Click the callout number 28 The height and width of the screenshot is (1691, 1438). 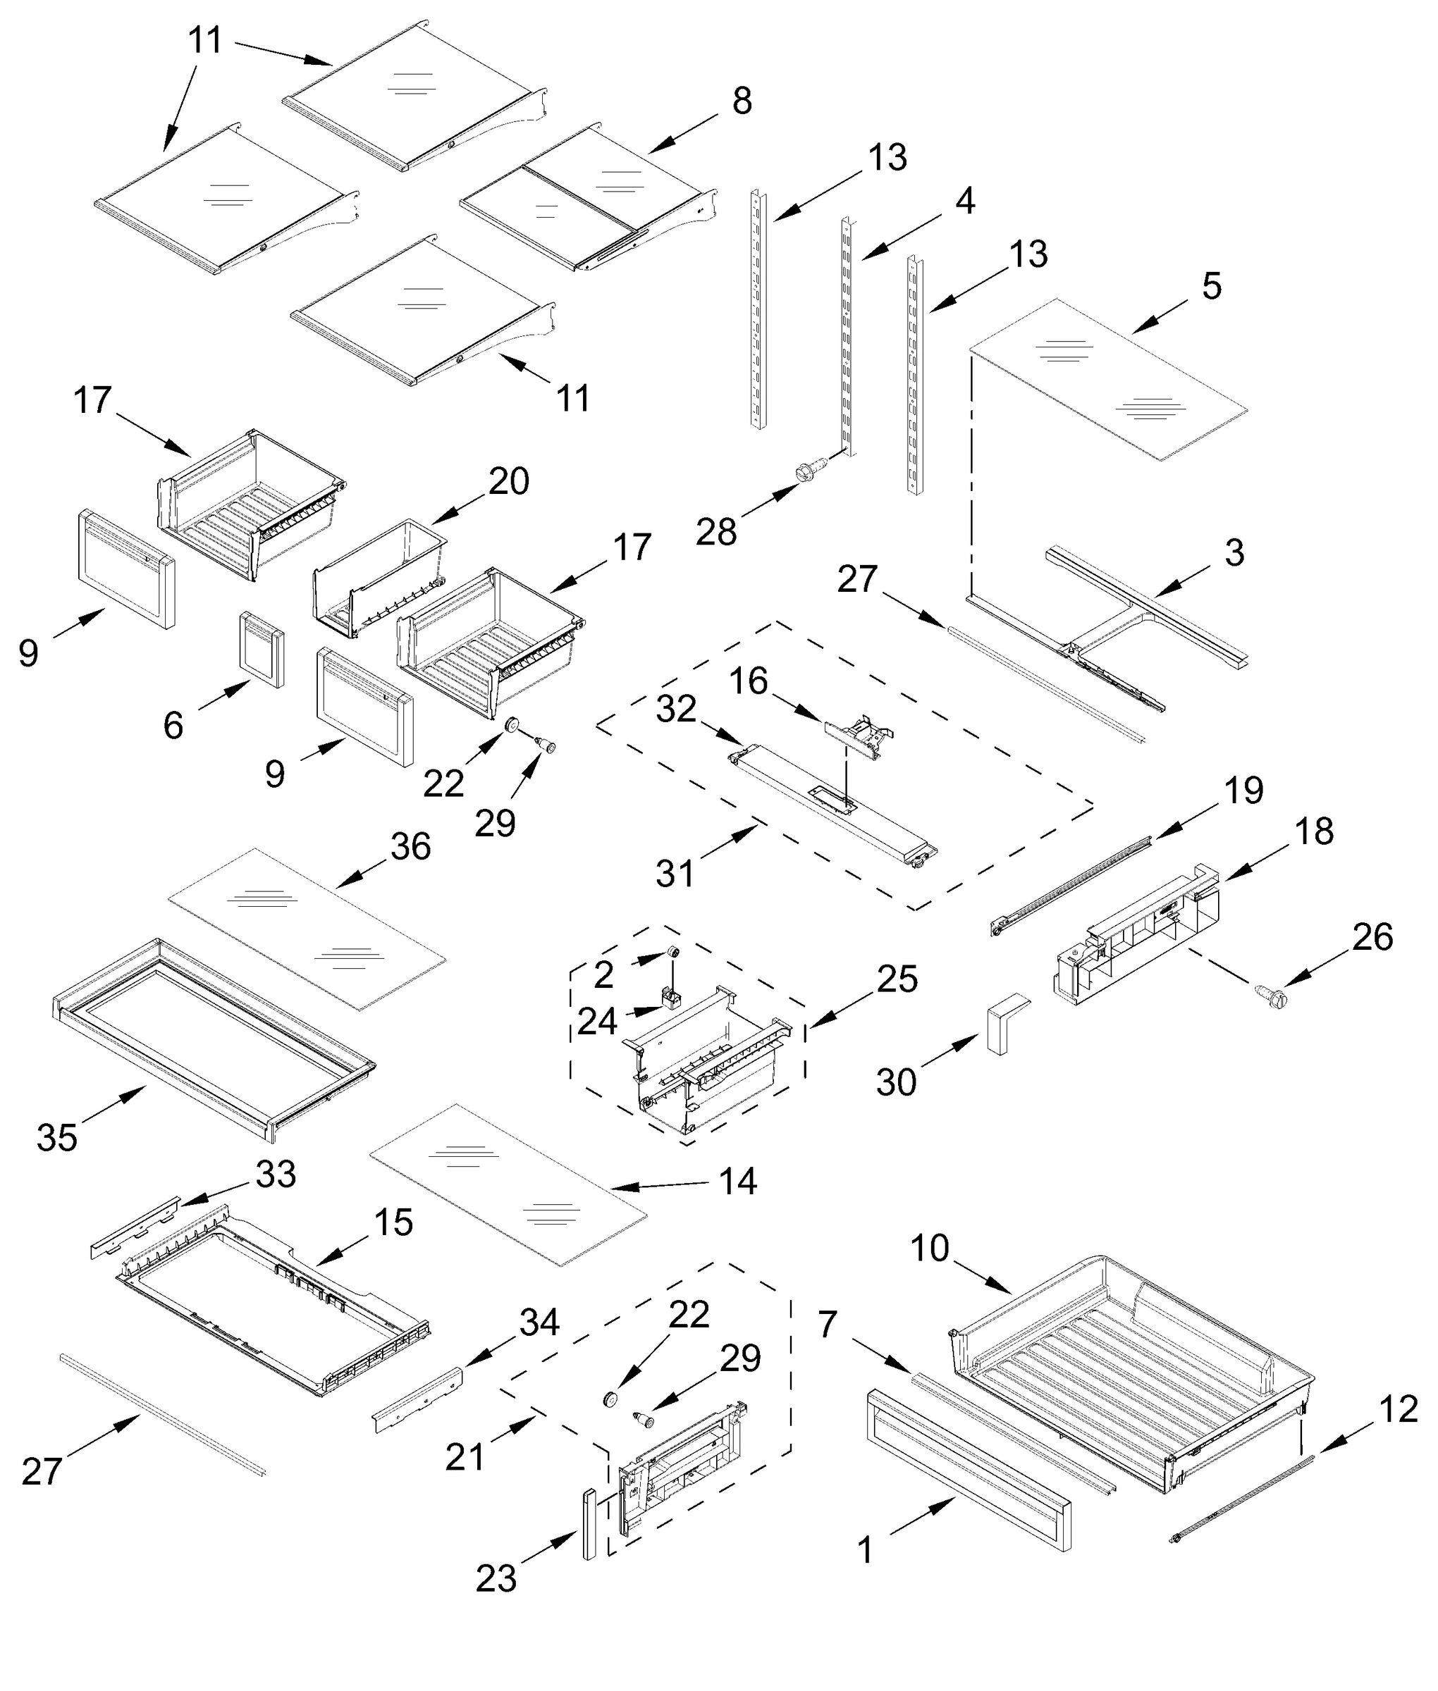point(715,532)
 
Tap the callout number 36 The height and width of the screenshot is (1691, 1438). point(410,848)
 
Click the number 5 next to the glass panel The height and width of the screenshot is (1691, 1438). point(1212,287)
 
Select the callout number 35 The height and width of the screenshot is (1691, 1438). point(57,1138)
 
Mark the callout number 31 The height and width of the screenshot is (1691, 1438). point(675,874)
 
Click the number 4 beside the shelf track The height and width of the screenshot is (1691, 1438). point(965,201)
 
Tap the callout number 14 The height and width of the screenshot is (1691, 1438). point(738,1182)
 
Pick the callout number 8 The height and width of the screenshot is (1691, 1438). point(742,103)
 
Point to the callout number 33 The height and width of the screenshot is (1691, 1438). point(276,1175)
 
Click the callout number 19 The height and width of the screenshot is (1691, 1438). point(1244,791)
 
